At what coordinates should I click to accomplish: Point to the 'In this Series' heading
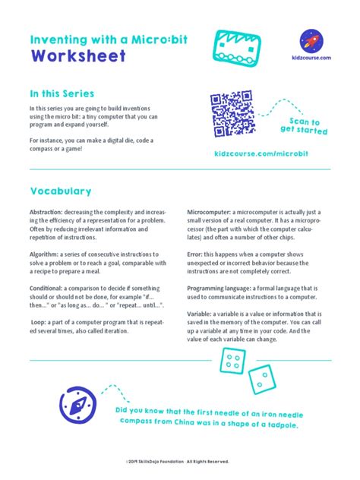coord(59,93)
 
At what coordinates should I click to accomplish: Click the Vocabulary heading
coord(61,191)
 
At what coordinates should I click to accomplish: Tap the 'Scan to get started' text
coord(304,126)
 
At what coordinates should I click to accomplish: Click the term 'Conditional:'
coord(48,289)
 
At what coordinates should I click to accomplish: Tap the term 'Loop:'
coord(40,322)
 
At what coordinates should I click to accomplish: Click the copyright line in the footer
coord(180,461)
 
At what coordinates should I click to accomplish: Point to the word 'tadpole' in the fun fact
coord(276,425)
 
